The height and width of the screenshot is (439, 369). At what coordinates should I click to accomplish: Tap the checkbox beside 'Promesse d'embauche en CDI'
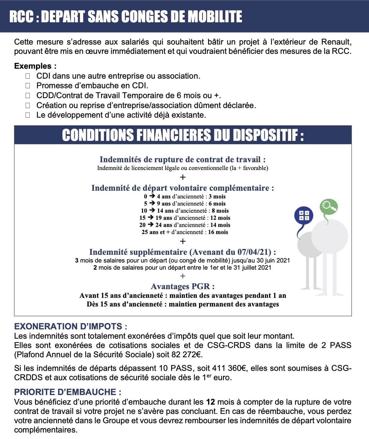(28, 85)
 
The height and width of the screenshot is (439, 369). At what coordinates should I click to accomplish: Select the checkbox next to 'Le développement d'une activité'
(28, 115)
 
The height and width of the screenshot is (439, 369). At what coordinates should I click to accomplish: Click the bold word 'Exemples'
(33, 66)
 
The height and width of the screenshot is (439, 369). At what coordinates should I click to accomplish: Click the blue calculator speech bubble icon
(304, 216)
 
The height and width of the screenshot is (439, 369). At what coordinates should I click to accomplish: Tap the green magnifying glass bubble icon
(328, 206)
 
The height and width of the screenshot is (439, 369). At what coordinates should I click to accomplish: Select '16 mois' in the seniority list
(218, 232)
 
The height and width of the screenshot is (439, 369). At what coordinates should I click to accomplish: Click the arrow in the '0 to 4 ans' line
(152, 196)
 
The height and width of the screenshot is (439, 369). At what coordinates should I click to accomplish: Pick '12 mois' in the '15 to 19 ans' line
(220, 218)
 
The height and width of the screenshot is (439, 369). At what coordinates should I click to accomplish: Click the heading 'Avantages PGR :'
(183, 286)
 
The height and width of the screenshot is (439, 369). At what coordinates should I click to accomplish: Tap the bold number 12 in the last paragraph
(211, 402)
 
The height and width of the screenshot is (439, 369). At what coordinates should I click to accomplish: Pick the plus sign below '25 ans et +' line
(183, 241)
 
